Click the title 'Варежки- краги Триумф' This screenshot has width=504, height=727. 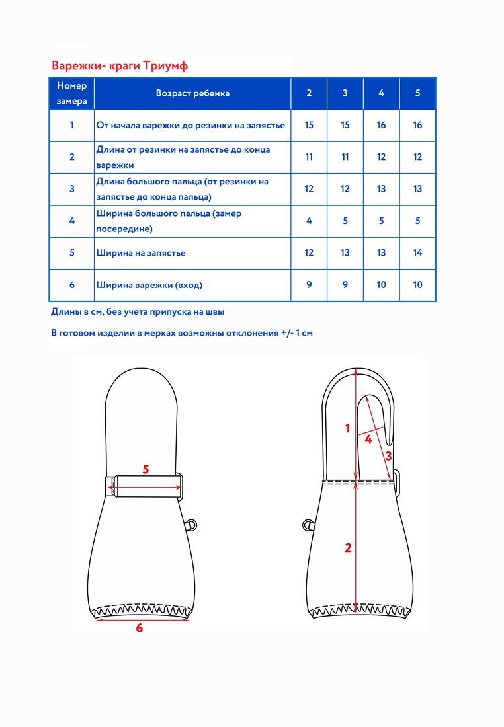[x=120, y=66]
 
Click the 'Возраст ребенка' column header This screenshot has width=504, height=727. [x=192, y=93]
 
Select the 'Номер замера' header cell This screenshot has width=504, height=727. [x=71, y=93]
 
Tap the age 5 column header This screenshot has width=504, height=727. [x=417, y=93]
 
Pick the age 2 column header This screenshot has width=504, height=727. [x=309, y=93]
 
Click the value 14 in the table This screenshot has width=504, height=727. [x=417, y=253]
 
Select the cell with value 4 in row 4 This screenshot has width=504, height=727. [x=309, y=221]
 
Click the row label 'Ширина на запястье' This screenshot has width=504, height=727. [x=141, y=253]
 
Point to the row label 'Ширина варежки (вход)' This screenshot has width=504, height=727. [x=149, y=286]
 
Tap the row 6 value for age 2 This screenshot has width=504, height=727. [x=309, y=286]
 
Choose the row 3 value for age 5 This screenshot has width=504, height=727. [x=417, y=189]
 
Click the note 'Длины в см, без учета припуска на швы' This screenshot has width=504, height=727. [x=142, y=311]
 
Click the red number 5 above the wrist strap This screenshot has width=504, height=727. [x=146, y=469]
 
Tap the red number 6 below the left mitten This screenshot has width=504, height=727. [x=140, y=628]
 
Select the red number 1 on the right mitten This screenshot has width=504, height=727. [x=348, y=428]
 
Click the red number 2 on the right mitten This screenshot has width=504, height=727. [x=348, y=547]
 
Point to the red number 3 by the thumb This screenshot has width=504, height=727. [x=388, y=455]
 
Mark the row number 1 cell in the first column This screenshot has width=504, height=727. [x=71, y=125]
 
